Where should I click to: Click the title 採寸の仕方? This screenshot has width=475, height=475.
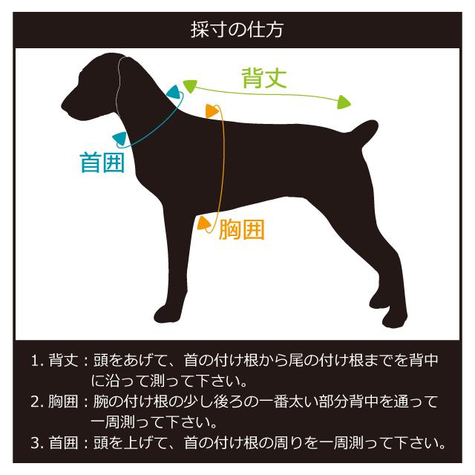[237, 30]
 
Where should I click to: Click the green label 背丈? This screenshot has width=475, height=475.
[264, 79]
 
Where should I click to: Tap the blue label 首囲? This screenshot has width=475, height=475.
[102, 163]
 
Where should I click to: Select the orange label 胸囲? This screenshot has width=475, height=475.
[241, 230]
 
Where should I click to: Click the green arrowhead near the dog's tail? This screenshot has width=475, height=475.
[343, 101]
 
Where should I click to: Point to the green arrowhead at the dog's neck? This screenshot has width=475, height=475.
[190, 86]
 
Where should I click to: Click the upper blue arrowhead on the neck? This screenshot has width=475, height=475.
[174, 94]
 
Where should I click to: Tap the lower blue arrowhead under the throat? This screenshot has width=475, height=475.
[119, 138]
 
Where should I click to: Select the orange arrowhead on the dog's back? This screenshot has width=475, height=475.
[213, 111]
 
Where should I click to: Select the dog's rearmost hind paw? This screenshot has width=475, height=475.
[393, 319]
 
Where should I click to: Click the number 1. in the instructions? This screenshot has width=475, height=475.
[38, 361]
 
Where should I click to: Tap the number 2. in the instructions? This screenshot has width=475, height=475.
[38, 403]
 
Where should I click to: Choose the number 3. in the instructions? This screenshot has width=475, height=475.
[38, 444]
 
